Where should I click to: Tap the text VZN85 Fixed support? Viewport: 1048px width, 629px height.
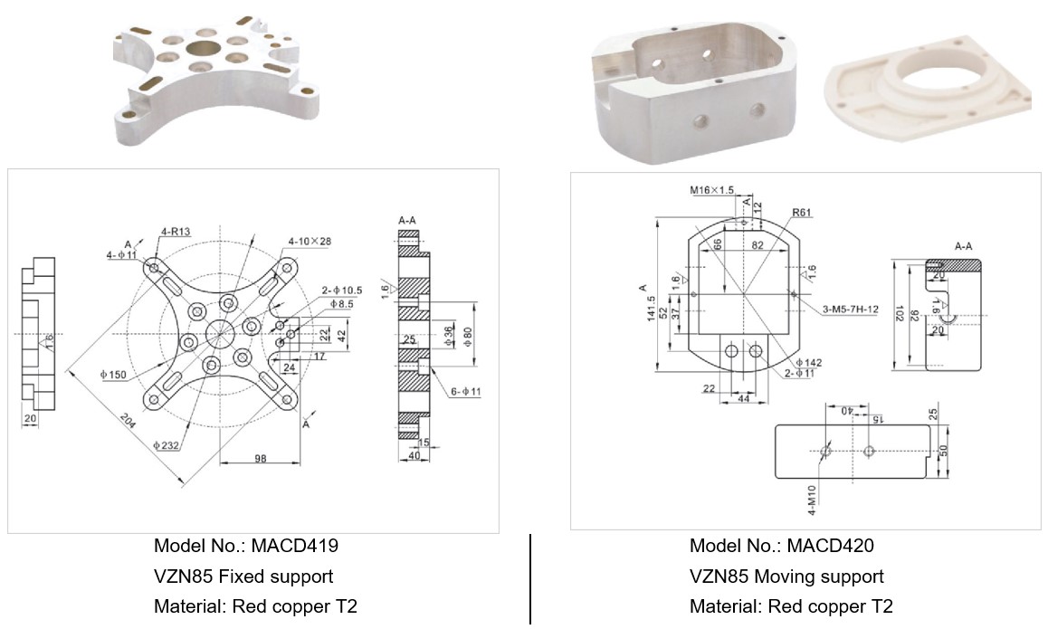[243, 577]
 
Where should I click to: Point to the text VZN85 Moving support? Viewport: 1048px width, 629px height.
[786, 577]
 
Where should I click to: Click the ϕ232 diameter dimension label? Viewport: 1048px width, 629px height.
[168, 445]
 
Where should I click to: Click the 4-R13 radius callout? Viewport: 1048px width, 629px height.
[176, 232]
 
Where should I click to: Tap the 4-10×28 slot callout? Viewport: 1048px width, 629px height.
[310, 241]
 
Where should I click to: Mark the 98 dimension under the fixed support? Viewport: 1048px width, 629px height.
[260, 459]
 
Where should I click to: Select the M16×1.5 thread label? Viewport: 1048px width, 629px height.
[711, 190]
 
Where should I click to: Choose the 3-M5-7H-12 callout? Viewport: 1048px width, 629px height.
[850, 310]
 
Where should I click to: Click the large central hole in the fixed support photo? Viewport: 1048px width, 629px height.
[202, 47]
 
